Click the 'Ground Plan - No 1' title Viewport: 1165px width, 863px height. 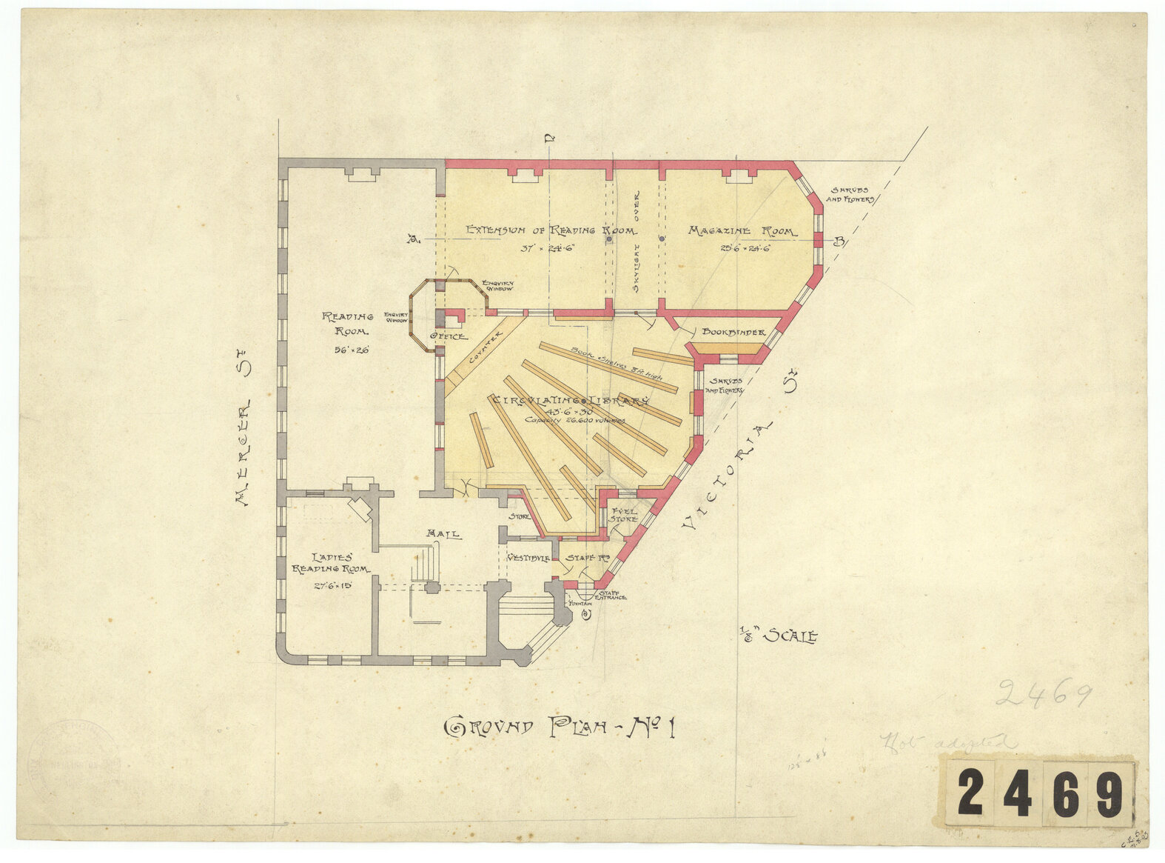pyautogui.click(x=560, y=728)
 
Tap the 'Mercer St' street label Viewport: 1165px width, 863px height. pyautogui.click(x=243, y=453)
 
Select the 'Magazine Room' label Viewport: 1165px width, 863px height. pyautogui.click(x=742, y=231)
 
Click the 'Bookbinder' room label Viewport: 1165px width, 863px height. pyautogui.click(x=733, y=332)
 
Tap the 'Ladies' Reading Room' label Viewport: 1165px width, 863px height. pyautogui.click(x=330, y=562)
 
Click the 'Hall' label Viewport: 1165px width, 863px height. pyautogui.click(x=443, y=533)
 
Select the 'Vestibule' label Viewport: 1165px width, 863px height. pyautogui.click(x=528, y=558)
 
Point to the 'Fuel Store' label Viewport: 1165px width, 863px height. pyautogui.click(x=623, y=514)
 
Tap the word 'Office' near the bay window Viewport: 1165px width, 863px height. pyautogui.click(x=449, y=336)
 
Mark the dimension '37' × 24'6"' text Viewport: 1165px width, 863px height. pyautogui.click(x=548, y=248)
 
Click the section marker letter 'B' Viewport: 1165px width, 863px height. pyautogui.click(x=839, y=241)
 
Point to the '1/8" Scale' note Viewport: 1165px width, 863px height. pyautogui.click(x=779, y=635)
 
